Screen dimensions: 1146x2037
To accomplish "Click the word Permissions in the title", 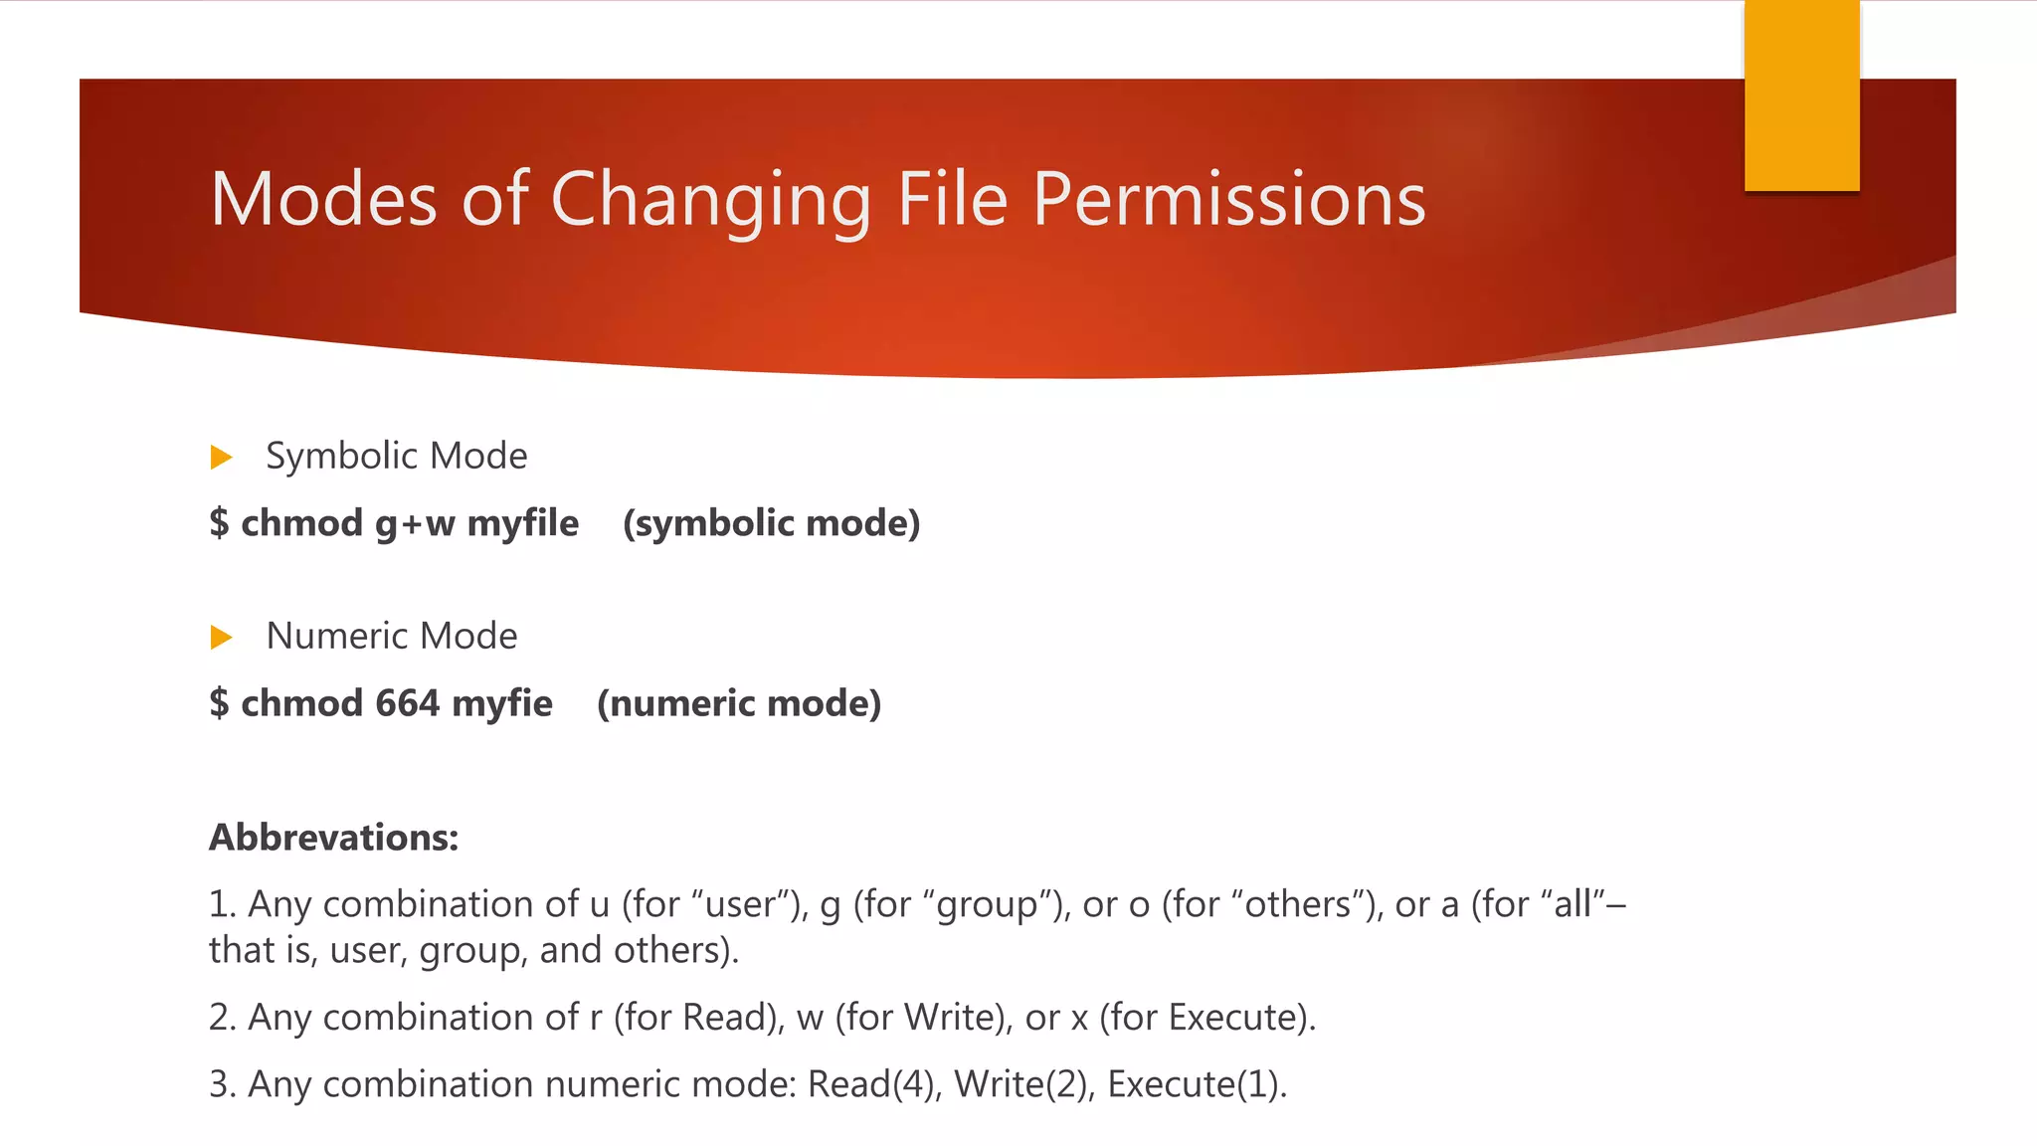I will coord(1228,199).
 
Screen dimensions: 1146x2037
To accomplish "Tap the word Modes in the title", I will coord(324,199).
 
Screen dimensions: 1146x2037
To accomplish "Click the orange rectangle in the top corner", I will coord(1801,95).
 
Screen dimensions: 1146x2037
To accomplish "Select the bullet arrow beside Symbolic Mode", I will coord(221,458).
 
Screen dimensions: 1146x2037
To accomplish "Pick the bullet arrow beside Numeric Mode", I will coord(221,637).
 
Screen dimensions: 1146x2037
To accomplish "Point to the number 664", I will coord(408,703).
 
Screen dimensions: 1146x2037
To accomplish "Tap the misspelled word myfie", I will coord(502,703).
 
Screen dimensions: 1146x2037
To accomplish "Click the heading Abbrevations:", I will coord(334,838).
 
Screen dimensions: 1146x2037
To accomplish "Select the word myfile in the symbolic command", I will coord(523,523).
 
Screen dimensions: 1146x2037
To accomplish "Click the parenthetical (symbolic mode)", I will coord(772,523).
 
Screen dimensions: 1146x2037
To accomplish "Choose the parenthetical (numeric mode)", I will coord(739,703).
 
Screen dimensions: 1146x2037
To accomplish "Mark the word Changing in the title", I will coord(710,199).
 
